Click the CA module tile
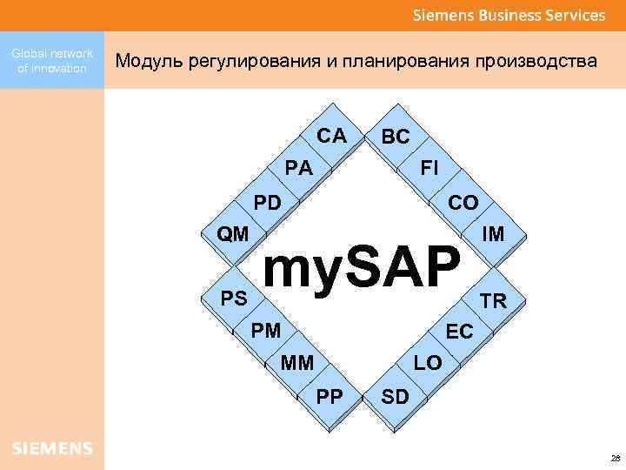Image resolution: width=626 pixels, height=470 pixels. tap(331, 137)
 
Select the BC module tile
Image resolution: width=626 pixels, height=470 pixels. tap(396, 138)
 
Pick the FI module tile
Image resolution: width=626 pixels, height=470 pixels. tap(430, 168)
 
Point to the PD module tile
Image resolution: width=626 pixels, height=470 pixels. tap(268, 203)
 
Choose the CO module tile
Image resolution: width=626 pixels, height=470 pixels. tap(463, 203)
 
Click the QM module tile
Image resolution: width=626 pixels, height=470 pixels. tap(233, 234)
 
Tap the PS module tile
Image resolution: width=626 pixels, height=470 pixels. tap(233, 299)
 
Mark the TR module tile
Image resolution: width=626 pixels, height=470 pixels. tap(493, 301)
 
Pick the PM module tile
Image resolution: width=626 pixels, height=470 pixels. tap(266, 330)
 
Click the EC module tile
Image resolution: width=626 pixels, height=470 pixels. tap(459, 332)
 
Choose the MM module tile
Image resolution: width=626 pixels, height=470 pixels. tap(297, 362)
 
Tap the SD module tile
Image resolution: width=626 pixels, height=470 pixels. tap(396, 397)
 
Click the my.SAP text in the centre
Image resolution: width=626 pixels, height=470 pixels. tap(360, 267)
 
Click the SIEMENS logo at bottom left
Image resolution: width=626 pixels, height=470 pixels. tap(51, 448)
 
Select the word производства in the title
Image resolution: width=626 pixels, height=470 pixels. tap(536, 61)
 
